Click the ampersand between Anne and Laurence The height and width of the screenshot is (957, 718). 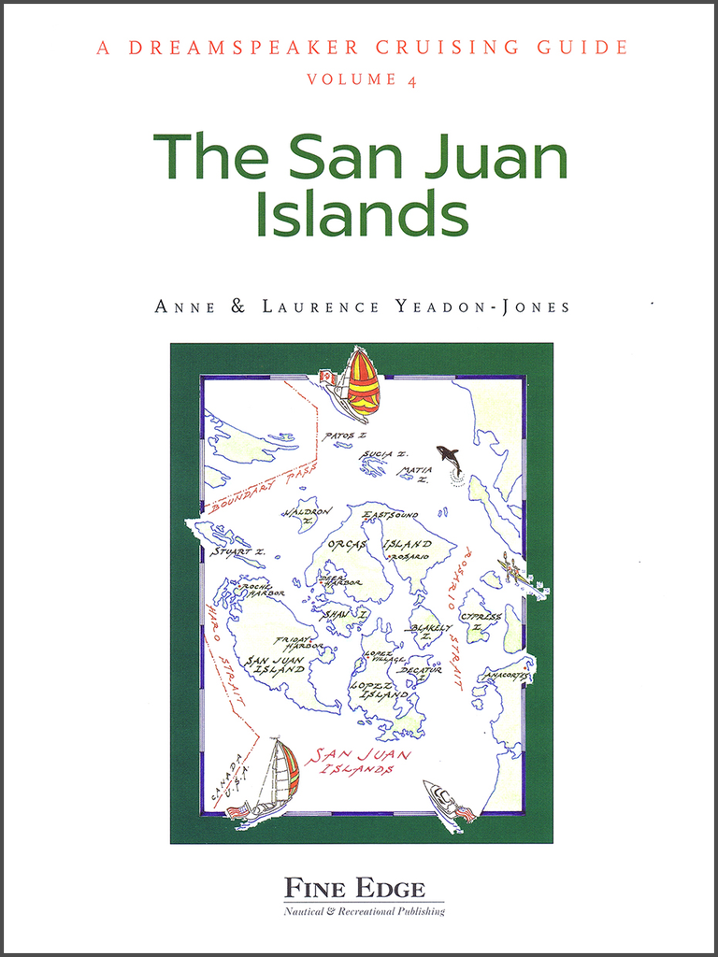coord(237,307)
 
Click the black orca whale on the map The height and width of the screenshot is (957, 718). coord(450,459)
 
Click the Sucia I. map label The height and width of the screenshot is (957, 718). coord(384,454)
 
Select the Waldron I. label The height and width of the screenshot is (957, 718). coord(307,514)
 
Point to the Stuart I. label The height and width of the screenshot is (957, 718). coord(237,552)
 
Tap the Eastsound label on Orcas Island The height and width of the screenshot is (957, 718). coord(390,515)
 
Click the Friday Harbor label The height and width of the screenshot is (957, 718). coord(298,644)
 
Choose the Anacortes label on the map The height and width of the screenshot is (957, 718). coord(507,674)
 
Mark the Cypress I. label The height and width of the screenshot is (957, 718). coord(480,621)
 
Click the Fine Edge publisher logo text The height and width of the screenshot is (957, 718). coord(354,888)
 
